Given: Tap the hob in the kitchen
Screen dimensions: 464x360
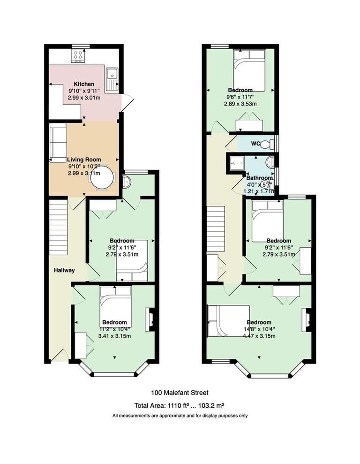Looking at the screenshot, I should [78, 57].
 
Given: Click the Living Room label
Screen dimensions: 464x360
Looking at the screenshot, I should [83, 160].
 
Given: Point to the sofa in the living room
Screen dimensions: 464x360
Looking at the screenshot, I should [58, 142].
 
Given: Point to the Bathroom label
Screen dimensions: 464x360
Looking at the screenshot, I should [260, 178].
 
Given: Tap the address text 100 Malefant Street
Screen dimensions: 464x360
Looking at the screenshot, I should [180, 393].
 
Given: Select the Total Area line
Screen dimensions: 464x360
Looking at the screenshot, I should [180, 405].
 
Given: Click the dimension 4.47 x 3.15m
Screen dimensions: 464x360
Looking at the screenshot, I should [259, 336].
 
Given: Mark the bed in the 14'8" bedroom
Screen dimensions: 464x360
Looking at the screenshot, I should [229, 321].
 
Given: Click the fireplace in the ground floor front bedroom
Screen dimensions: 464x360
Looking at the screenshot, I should [150, 319].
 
